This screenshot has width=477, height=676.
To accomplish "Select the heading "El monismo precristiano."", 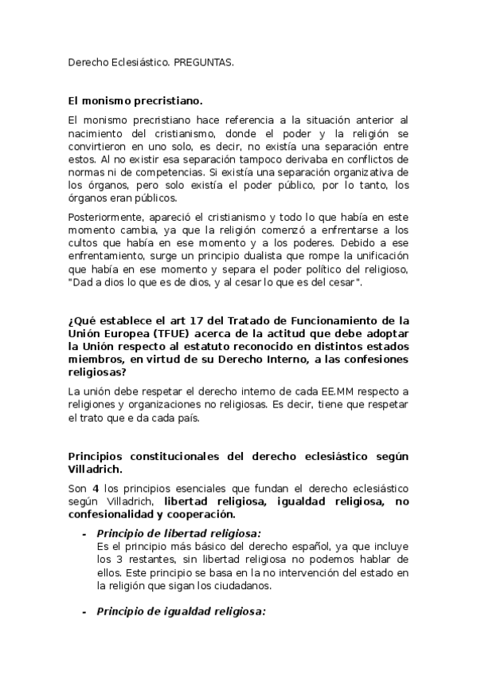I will tap(135, 101).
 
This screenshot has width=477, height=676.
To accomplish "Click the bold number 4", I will tap(95, 489).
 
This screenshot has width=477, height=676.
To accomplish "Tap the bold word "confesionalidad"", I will tap(115, 514).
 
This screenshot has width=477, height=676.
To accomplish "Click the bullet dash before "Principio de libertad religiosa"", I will tap(84, 533).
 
